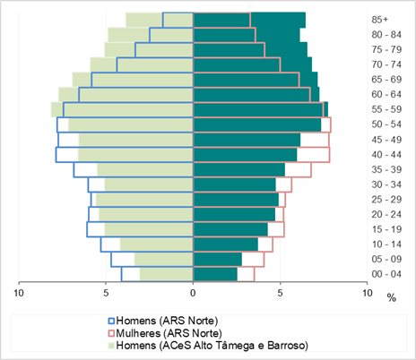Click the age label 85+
[x=380, y=20]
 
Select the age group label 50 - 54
[x=386, y=124]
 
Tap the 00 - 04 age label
[x=386, y=274]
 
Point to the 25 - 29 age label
[x=386, y=199]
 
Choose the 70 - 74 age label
[x=386, y=64]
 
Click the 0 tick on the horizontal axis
[x=193, y=293]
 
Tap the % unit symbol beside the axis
[x=392, y=297]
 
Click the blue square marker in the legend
[x=111, y=321]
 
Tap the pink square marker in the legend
[x=111, y=333]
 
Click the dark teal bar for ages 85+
[x=249, y=20]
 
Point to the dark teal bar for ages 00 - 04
[x=215, y=274]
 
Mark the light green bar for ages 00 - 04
[x=167, y=274]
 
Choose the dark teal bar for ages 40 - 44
[x=246, y=154]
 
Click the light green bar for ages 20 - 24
[x=146, y=214]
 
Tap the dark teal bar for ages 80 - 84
[x=247, y=35]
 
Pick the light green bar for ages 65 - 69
[x=133, y=80]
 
